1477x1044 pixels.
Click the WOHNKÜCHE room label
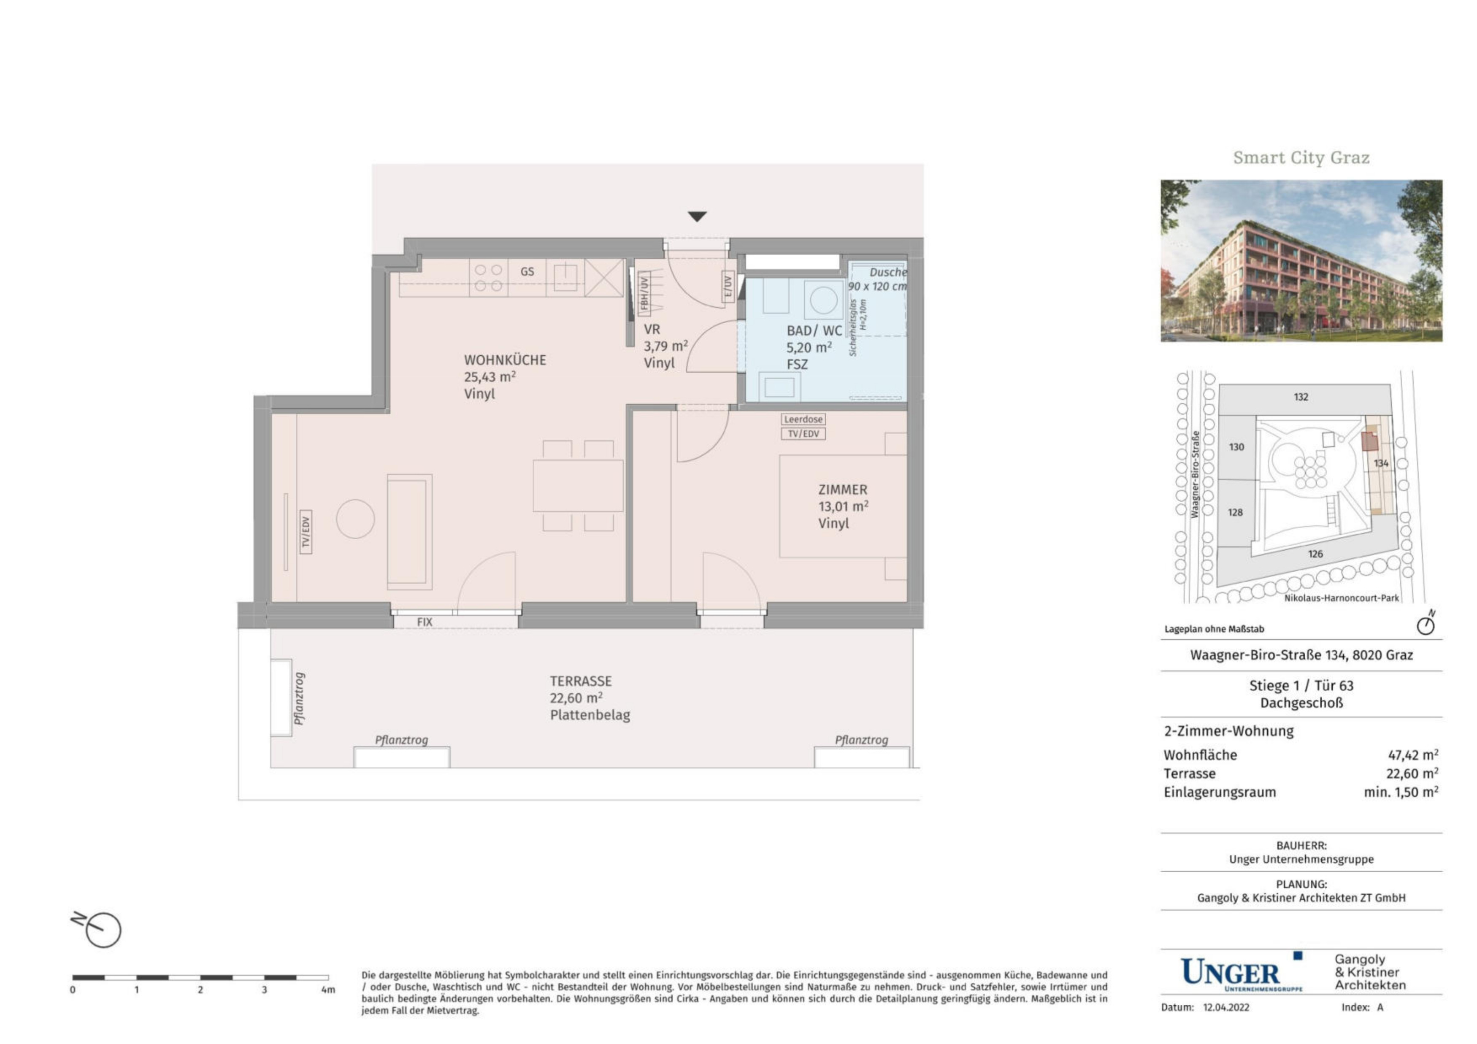tap(505, 360)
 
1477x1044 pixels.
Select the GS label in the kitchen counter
tap(527, 271)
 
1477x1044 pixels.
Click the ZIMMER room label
tap(843, 490)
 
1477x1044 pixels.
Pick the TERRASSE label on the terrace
tap(580, 681)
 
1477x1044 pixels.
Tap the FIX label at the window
tap(425, 622)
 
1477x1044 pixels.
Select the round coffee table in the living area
tap(355, 519)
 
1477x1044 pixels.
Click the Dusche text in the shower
tap(888, 272)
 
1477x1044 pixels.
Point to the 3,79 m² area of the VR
tap(666, 346)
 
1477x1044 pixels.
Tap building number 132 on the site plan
tap(1301, 397)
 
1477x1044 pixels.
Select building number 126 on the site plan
tap(1315, 554)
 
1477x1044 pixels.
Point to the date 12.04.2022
tap(1226, 1007)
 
